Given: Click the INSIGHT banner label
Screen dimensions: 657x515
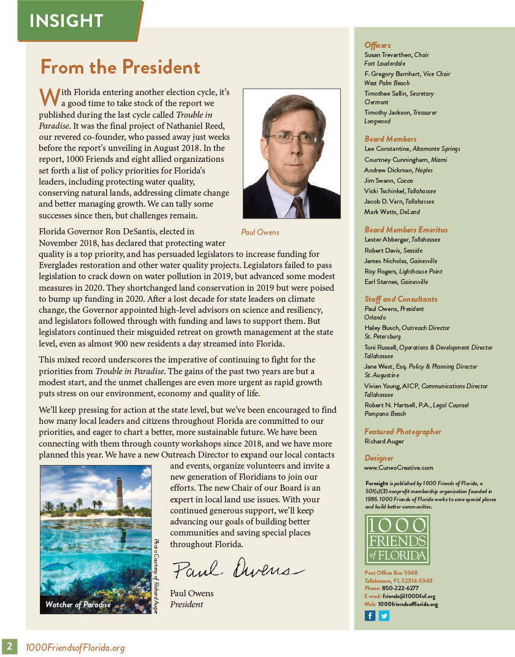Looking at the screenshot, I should [66, 21].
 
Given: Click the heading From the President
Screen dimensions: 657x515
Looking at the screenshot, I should [120, 67].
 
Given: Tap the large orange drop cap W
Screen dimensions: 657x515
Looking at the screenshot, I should [50, 96].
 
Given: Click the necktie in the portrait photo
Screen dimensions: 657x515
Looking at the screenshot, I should [298, 206].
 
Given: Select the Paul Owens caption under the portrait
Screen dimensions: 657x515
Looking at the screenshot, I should [261, 232].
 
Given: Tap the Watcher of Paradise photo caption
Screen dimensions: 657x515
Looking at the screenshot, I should [78, 604].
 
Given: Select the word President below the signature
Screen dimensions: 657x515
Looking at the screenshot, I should [187, 604].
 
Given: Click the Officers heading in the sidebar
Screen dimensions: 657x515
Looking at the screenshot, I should [377, 45].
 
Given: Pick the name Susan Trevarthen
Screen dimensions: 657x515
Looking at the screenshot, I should [388, 55].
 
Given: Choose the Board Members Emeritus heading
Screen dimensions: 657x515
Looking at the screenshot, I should [406, 230].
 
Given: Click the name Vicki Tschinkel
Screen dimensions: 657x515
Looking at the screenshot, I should [385, 191].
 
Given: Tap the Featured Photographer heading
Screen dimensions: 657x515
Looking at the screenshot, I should [403, 432].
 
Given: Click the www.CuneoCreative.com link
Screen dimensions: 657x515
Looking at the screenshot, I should [399, 467].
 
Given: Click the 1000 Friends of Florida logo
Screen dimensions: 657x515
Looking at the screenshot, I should [397, 539].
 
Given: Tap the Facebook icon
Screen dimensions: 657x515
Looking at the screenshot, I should [370, 616].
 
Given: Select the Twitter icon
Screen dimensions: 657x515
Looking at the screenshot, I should [384, 616].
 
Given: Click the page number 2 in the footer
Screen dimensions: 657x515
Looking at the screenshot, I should [9, 647].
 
